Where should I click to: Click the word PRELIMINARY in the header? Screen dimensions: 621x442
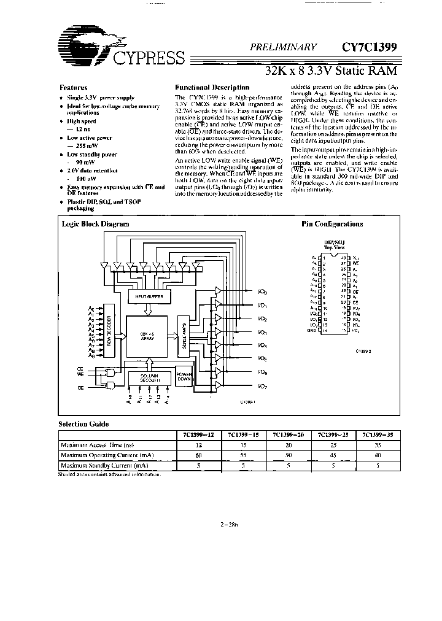pyautogui.click(x=283, y=47)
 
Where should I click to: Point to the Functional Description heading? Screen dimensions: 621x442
pyautogui.click(x=212, y=88)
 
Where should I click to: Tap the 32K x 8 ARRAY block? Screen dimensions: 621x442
pyautogui.click(x=147, y=337)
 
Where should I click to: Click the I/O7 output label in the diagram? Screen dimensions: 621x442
pyautogui.click(x=262, y=386)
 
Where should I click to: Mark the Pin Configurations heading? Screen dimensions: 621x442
pyautogui.click(x=331, y=225)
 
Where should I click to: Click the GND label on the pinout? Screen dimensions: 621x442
pyautogui.click(x=312, y=331)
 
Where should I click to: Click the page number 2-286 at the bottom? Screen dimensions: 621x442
pyautogui.click(x=228, y=524)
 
